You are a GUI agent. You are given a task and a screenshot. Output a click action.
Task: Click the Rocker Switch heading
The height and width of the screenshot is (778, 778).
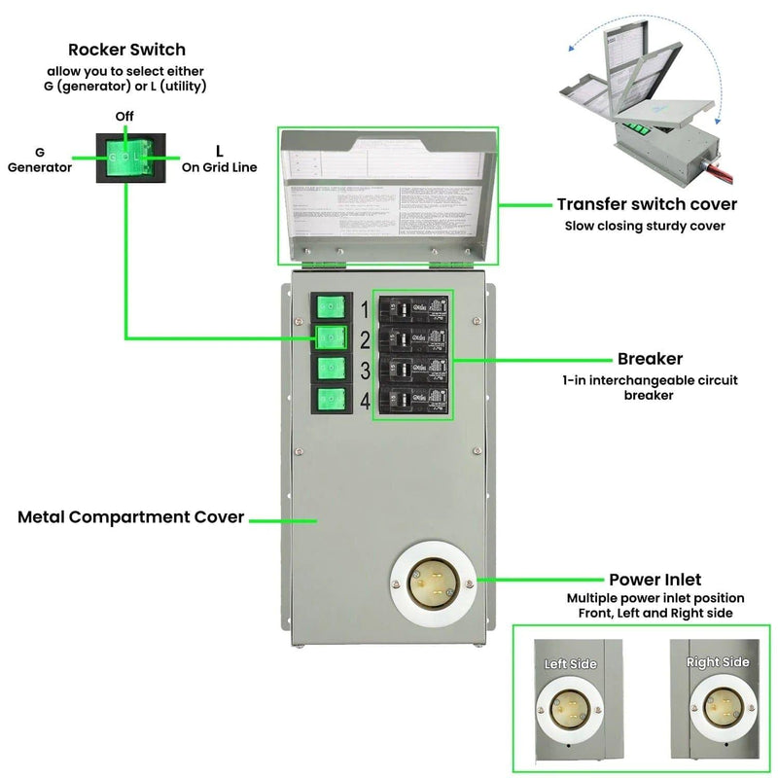[x=126, y=50]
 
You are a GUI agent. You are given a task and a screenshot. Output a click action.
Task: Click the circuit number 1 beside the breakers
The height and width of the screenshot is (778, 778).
[x=365, y=310]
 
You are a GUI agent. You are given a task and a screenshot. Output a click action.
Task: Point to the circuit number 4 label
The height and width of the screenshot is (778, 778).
[x=365, y=401]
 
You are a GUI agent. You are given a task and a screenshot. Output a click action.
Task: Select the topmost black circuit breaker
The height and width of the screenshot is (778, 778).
[x=414, y=309]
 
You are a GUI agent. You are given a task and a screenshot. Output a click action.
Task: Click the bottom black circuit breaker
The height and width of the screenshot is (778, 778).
[x=414, y=400]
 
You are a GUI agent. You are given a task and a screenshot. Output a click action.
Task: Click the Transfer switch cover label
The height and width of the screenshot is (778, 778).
[x=647, y=204]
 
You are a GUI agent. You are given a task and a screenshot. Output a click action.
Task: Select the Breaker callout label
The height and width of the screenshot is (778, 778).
[x=649, y=359]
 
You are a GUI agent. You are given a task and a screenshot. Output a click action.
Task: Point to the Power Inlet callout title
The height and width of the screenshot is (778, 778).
[x=654, y=581]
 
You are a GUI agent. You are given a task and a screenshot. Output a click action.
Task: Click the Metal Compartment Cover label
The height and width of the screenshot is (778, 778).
[x=130, y=517]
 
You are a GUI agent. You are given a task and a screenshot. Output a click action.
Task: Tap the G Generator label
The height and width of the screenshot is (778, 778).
[x=40, y=159]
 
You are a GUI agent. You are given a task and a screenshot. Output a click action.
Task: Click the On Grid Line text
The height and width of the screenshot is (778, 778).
[x=219, y=167]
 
